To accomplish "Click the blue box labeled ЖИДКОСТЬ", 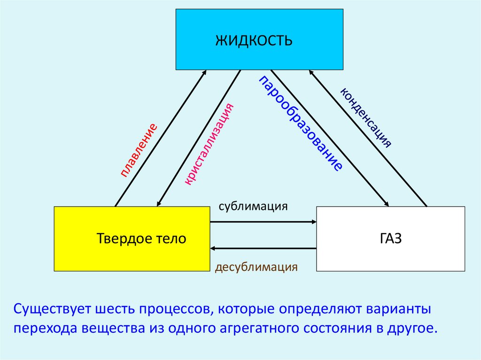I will (259, 39).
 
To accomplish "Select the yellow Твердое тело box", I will (132, 238).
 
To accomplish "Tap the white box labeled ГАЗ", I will (390, 238).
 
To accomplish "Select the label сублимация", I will (253, 207).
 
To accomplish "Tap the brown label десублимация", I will (256, 268).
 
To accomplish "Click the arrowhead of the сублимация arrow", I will (313, 222).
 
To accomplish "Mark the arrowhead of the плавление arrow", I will (204, 73).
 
